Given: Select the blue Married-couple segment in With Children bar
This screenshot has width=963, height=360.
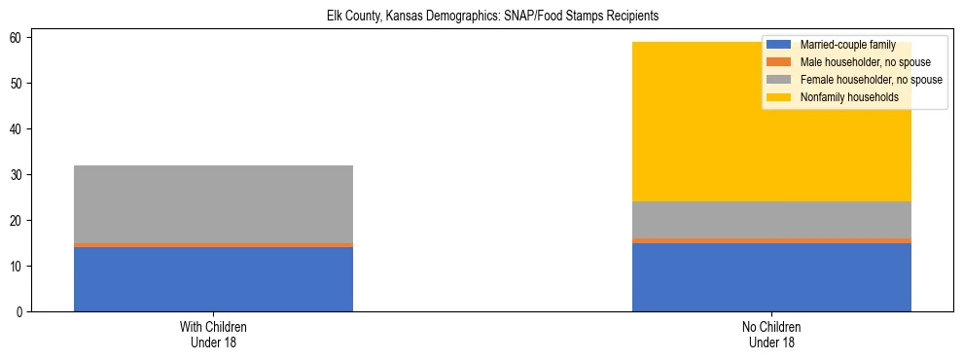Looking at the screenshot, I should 213,279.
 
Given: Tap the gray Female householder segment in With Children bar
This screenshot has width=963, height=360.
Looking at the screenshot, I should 213,204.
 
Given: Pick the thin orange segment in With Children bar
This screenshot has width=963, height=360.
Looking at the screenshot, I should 213,245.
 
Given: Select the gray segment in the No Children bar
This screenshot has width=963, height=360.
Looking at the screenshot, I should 771,220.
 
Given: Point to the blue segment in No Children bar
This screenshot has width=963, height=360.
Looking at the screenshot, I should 771,277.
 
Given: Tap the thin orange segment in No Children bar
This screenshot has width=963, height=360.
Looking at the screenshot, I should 771,240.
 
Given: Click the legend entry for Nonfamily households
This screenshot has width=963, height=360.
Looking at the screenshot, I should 842,97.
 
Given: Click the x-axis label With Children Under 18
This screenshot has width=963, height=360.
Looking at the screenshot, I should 213,334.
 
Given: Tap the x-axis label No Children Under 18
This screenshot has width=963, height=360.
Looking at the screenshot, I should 771,334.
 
